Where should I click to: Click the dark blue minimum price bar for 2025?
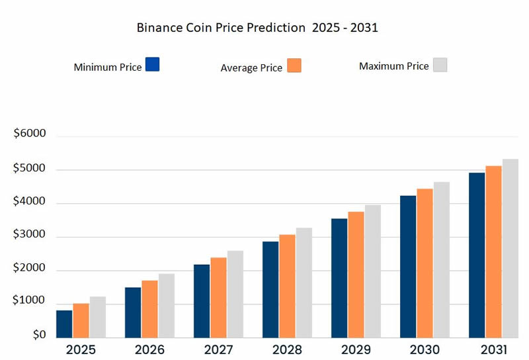64,323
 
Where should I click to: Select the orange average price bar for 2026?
149,308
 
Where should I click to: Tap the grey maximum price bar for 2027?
235,293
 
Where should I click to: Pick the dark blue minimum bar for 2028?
270,289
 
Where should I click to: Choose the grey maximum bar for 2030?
441,259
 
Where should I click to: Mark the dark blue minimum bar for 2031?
476,254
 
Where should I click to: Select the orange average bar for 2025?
81,320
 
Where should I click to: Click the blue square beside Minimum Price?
152,64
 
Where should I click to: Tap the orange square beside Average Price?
294,65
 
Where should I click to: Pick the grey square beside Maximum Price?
440,64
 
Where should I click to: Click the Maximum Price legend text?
393,66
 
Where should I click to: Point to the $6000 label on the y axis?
30,134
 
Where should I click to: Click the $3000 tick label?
30,236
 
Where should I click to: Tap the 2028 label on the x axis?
287,349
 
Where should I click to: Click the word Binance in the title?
159,28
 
